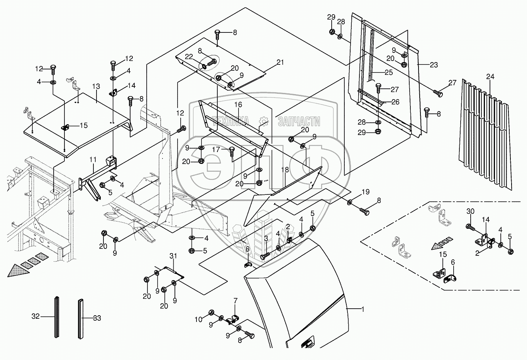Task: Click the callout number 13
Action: (96, 86)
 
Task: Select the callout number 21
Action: (280, 63)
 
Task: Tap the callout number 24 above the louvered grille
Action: (490, 77)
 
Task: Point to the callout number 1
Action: (363, 309)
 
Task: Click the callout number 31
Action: (173, 256)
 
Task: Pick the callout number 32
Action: (36, 316)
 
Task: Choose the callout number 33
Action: (97, 318)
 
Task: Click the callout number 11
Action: (93, 160)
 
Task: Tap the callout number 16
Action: (238, 105)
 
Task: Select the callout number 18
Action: (285, 170)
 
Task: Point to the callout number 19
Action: (366, 192)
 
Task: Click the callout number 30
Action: (470, 211)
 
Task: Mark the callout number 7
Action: (236, 301)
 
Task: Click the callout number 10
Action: (198, 319)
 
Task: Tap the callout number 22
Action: (189, 57)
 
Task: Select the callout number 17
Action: (216, 150)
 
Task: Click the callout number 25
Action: (389, 73)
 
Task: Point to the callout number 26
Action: (395, 102)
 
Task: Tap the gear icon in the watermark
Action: (263, 121)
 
